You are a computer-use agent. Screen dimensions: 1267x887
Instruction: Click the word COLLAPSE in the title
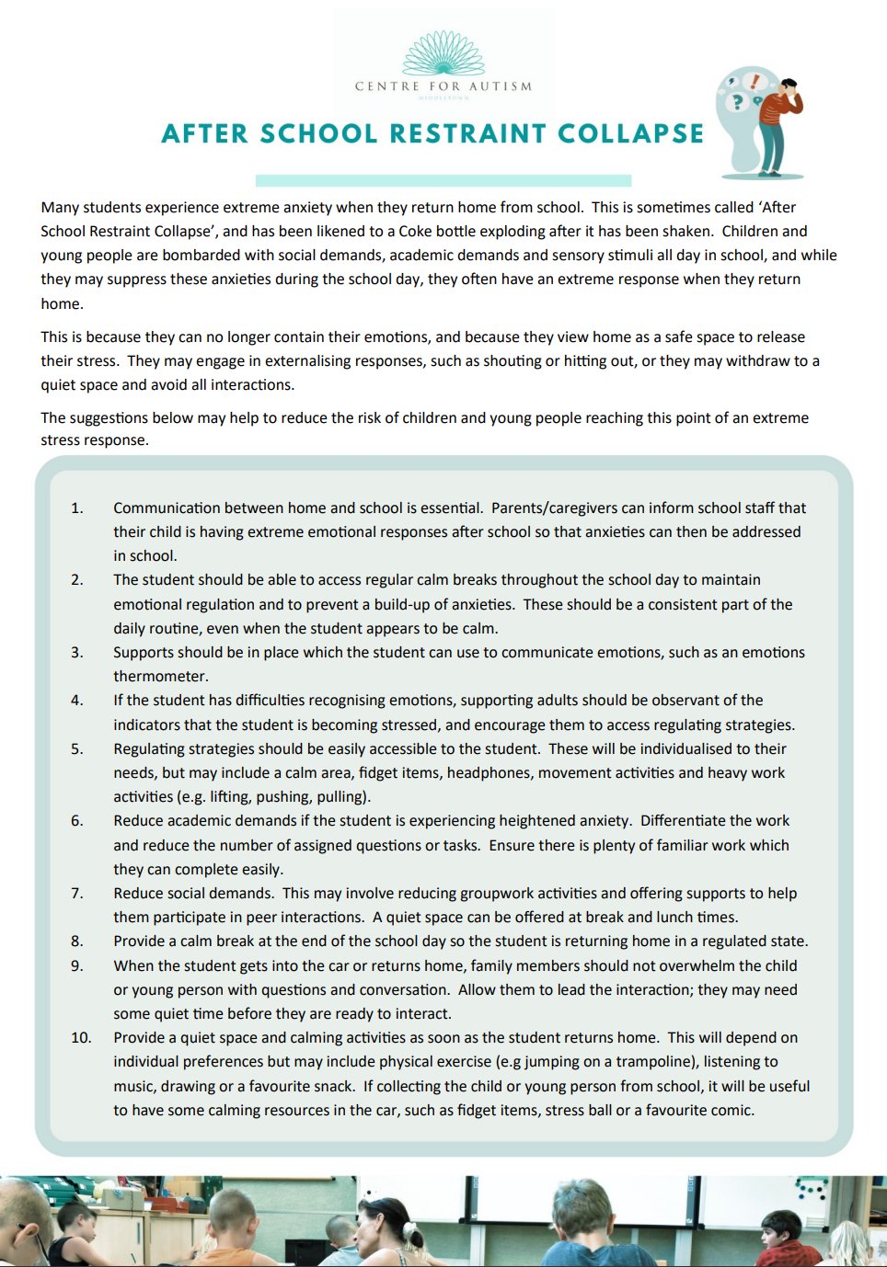click(630, 134)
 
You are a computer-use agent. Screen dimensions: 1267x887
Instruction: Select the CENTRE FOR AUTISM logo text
click(443, 86)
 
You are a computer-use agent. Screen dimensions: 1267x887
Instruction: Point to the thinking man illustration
click(780, 124)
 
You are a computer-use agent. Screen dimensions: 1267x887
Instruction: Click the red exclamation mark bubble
click(755, 82)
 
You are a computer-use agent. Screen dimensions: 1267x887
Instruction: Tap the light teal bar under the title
click(443, 180)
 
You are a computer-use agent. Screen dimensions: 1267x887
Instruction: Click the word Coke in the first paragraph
click(416, 232)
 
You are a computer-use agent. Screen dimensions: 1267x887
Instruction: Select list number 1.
click(77, 508)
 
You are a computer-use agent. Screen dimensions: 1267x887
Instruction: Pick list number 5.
click(77, 748)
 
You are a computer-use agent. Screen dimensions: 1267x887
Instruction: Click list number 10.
click(81, 1037)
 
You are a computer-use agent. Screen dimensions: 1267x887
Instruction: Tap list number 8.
click(77, 941)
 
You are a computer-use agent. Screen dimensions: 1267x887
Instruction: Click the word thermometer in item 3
click(160, 676)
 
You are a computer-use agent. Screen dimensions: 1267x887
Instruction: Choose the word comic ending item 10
click(731, 1110)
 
